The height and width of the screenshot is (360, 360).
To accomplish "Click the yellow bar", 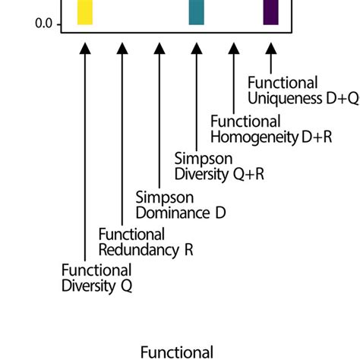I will (x=85, y=13).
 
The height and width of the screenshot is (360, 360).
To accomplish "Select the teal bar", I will (x=196, y=13).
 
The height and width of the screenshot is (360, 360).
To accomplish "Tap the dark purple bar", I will (x=270, y=13).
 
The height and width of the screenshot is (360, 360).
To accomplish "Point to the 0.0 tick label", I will (x=44, y=24).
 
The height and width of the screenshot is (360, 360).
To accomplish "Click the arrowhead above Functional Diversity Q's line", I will (x=85, y=48).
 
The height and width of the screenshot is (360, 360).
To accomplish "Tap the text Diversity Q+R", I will (x=210, y=174).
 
